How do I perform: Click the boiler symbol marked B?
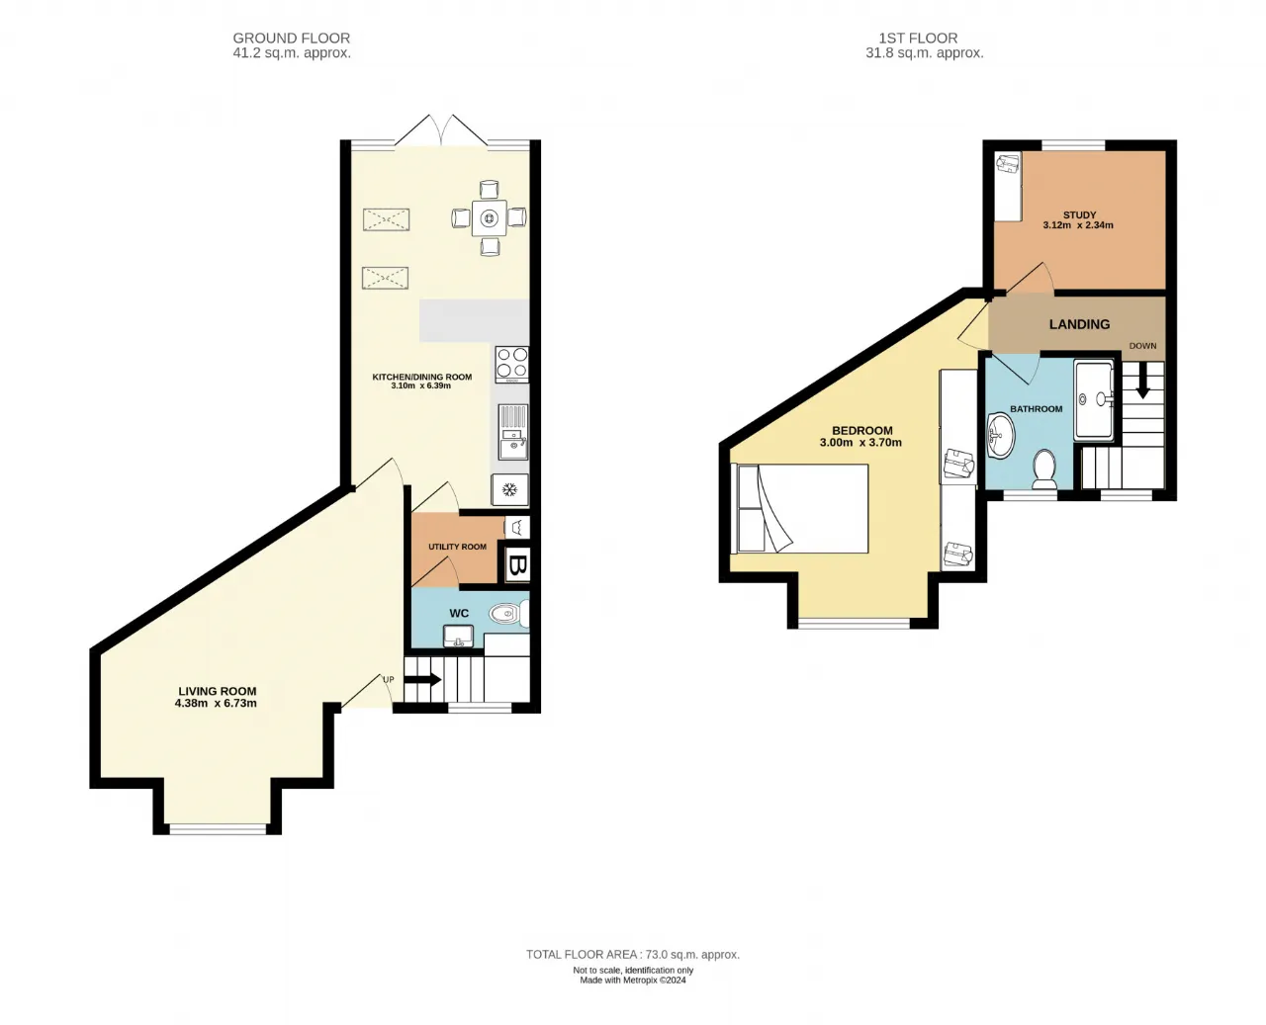click(517, 564)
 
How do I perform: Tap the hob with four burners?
click(511, 364)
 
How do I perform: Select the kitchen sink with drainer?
click(513, 432)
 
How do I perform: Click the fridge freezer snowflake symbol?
click(509, 490)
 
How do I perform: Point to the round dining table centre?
click(490, 218)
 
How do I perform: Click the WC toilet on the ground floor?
click(508, 614)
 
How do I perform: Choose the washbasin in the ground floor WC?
click(458, 636)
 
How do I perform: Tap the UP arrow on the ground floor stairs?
click(422, 679)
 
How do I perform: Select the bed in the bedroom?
click(802, 509)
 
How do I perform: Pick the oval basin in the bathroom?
click(1001, 437)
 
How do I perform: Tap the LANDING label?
click(1079, 324)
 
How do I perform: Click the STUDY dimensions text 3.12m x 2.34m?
click(1078, 225)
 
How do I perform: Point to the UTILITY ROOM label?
click(457, 547)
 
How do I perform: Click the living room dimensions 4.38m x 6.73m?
click(216, 704)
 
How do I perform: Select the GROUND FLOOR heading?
click(291, 38)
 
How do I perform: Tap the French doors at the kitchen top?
click(441, 130)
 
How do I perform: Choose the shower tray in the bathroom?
click(1094, 401)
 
